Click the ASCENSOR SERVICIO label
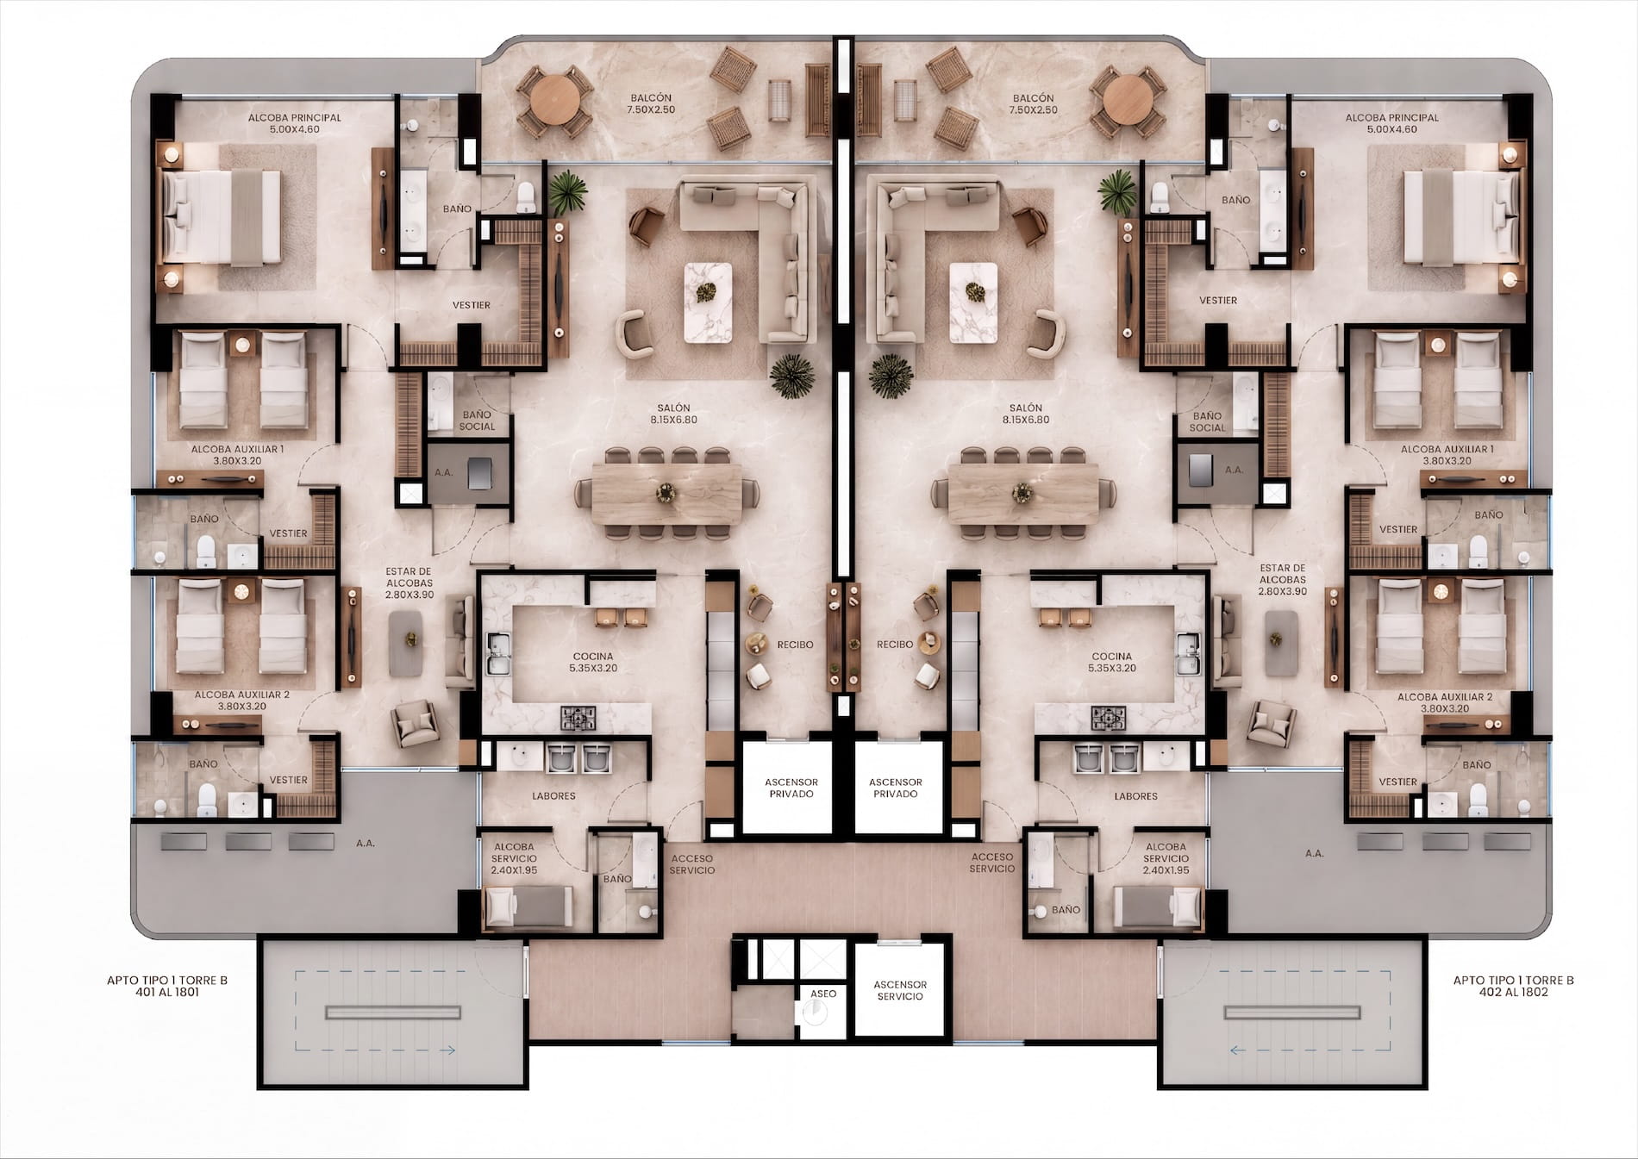(900, 990)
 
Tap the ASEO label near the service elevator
(823, 994)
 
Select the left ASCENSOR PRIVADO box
(791, 788)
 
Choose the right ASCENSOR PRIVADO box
(896, 788)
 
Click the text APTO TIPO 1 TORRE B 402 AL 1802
(1513, 986)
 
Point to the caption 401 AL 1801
(167, 992)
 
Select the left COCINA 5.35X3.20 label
(593, 662)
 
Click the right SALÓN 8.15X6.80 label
(1025, 414)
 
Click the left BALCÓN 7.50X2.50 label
(651, 104)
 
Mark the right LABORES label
(1135, 796)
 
